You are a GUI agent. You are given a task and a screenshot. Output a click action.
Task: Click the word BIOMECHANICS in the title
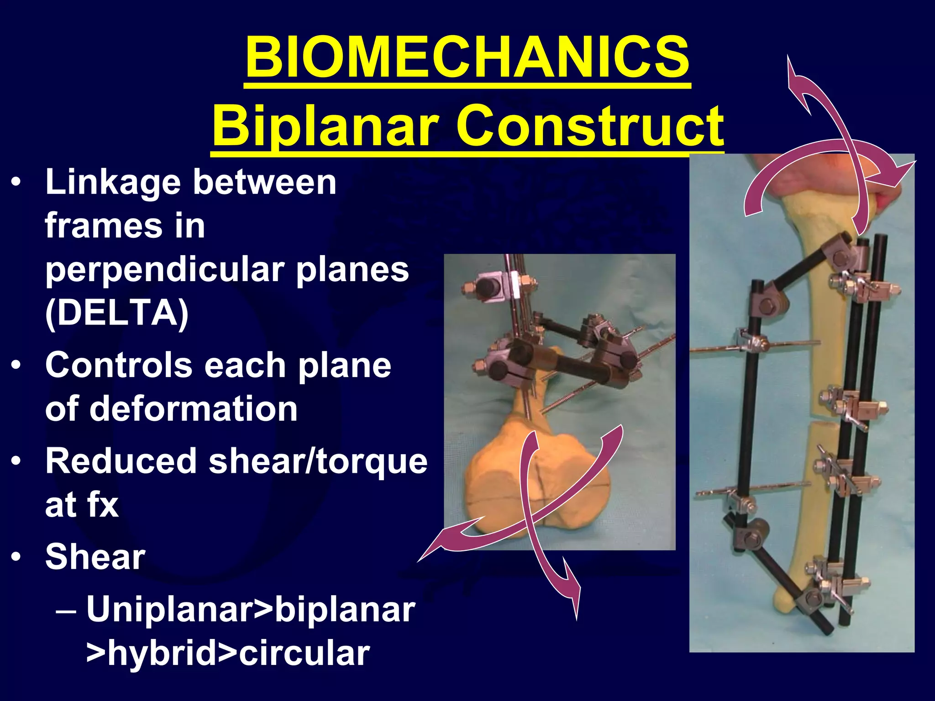pyautogui.click(x=467, y=58)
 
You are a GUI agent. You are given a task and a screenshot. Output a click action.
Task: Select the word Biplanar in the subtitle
pyautogui.click(x=325, y=126)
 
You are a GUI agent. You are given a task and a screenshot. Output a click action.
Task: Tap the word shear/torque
pyautogui.click(x=318, y=461)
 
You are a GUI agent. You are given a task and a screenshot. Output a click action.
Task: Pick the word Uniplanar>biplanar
pyautogui.click(x=250, y=609)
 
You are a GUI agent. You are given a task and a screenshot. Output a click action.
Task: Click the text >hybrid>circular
pyautogui.click(x=227, y=654)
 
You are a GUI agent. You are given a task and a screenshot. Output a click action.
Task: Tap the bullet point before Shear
pyautogui.click(x=16, y=557)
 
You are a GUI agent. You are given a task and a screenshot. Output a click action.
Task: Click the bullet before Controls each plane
pyautogui.click(x=16, y=366)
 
